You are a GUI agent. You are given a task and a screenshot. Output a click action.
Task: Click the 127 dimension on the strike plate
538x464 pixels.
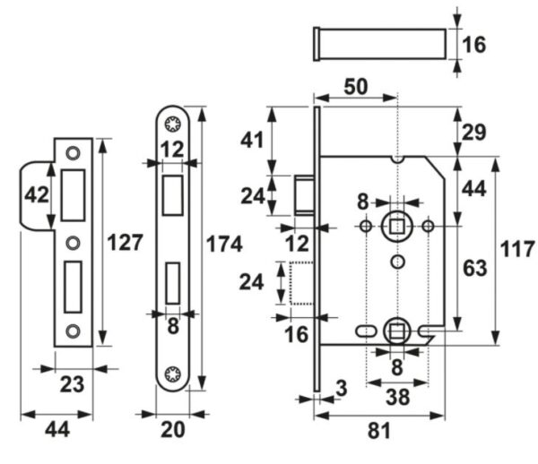(126, 242)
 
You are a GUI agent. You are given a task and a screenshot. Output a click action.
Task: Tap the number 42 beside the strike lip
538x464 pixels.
(37, 195)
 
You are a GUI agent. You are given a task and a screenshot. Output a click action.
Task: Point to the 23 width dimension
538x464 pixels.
(73, 386)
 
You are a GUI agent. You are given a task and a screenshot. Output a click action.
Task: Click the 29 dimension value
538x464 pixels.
(474, 132)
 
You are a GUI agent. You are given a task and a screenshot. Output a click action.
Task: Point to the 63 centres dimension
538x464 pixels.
(475, 268)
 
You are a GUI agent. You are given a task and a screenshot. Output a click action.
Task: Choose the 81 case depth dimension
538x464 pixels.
(380, 431)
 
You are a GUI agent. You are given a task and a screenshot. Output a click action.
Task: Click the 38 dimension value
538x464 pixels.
(398, 395)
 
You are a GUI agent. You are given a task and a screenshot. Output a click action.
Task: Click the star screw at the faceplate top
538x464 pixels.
(173, 124)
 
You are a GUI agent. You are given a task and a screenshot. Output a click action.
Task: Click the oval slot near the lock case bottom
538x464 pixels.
(365, 332)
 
